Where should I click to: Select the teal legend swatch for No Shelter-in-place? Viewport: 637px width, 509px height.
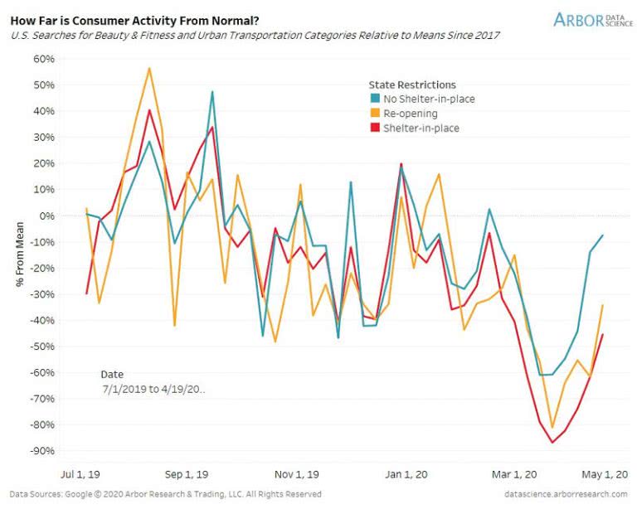374,99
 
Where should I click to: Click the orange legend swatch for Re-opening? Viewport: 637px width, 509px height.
374,114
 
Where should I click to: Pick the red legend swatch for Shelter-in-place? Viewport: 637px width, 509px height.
374,128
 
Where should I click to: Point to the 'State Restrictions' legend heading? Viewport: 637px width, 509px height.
412,85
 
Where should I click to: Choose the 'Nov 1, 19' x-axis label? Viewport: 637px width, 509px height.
296,475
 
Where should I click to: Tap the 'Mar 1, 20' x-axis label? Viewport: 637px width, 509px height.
508,475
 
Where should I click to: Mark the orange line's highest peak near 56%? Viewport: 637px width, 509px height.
149,68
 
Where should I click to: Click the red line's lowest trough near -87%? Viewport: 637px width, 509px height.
552,442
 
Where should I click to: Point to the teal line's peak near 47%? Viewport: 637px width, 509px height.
212,92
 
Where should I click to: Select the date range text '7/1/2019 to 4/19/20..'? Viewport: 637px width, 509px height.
153,389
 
